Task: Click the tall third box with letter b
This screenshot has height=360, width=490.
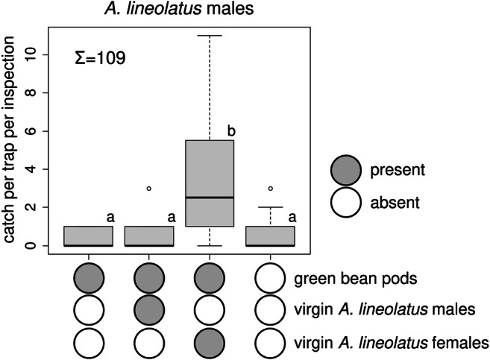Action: point(210,183)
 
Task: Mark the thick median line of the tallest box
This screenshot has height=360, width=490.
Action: point(210,198)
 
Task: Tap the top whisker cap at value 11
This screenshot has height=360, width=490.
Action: point(210,36)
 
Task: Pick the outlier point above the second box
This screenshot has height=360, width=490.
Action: point(149,189)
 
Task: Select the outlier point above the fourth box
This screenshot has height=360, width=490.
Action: point(270,189)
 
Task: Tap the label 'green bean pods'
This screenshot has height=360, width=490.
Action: point(345,280)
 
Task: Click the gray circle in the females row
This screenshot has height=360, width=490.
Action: point(210,342)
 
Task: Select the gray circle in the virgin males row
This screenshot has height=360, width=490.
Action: point(149,312)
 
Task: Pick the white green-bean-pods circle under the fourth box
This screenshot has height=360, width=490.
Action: point(270,280)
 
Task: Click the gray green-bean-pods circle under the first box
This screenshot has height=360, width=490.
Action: point(89,280)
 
